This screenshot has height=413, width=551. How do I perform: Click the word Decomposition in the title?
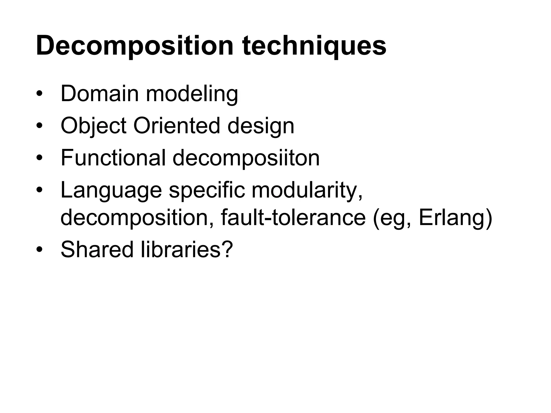(x=135, y=46)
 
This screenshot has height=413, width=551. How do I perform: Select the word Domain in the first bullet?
(x=100, y=94)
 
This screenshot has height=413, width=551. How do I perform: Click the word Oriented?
(x=176, y=126)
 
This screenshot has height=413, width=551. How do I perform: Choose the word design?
(x=261, y=126)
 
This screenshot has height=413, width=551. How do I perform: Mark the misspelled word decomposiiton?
(x=246, y=158)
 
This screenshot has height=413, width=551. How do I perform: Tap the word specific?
(x=207, y=190)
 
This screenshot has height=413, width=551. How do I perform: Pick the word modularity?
(x=307, y=190)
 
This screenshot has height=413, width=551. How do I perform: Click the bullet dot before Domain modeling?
(x=40, y=94)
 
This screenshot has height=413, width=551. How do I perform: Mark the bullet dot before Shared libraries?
(x=40, y=250)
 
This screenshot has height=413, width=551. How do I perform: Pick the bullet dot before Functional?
(x=40, y=158)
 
